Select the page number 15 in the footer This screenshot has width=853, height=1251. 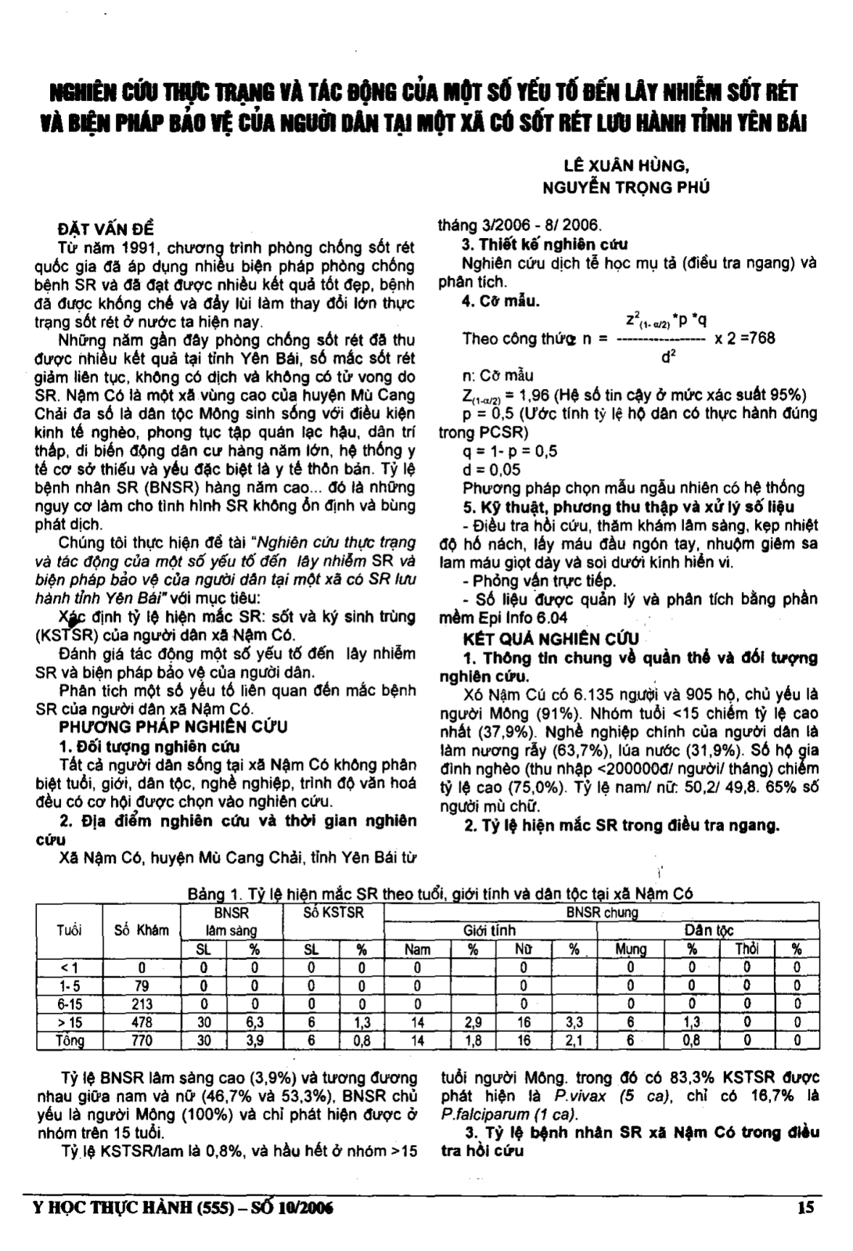pyautogui.click(x=805, y=1206)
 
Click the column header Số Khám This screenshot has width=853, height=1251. pyautogui.click(x=141, y=930)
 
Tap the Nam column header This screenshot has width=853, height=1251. pyautogui.click(x=417, y=949)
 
